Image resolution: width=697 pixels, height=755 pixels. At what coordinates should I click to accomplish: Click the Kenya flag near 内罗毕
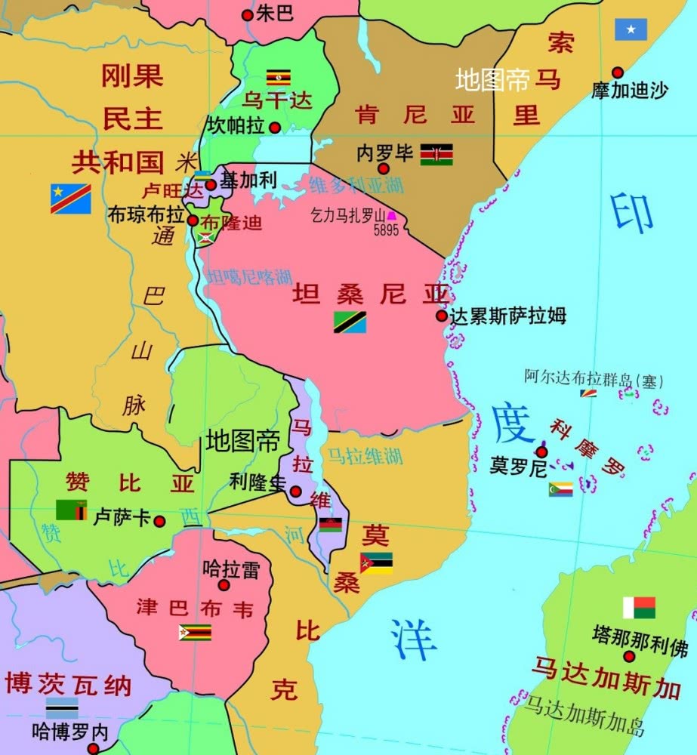(436, 155)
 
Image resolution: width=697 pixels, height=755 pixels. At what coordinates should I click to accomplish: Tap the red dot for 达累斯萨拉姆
(442, 316)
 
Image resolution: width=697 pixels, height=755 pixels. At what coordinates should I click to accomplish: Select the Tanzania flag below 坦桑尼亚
(350, 322)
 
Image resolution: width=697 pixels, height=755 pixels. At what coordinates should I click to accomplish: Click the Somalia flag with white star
(631, 29)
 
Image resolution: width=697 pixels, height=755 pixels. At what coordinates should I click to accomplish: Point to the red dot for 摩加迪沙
(618, 72)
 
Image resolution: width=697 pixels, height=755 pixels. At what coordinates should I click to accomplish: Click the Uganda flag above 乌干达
(279, 77)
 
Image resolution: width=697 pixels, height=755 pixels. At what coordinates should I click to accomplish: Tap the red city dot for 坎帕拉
(275, 128)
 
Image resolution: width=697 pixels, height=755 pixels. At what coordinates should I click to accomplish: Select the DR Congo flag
(71, 199)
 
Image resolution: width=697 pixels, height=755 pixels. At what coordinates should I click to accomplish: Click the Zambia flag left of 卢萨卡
(71, 510)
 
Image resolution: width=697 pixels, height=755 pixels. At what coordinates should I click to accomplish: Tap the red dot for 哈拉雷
(224, 585)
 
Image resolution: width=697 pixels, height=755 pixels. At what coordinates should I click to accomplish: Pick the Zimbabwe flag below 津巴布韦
(195, 632)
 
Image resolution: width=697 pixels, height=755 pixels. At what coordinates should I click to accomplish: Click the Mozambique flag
(376, 563)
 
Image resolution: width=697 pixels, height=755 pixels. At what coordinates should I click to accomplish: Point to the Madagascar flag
(639, 608)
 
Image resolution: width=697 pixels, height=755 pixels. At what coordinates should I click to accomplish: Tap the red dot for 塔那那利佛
(625, 656)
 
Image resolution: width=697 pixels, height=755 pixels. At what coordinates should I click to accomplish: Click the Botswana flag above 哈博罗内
(62, 707)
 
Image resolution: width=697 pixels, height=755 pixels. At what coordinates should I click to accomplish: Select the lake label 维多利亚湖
(352, 183)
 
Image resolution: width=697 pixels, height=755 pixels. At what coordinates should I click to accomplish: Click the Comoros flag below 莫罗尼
(560, 489)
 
